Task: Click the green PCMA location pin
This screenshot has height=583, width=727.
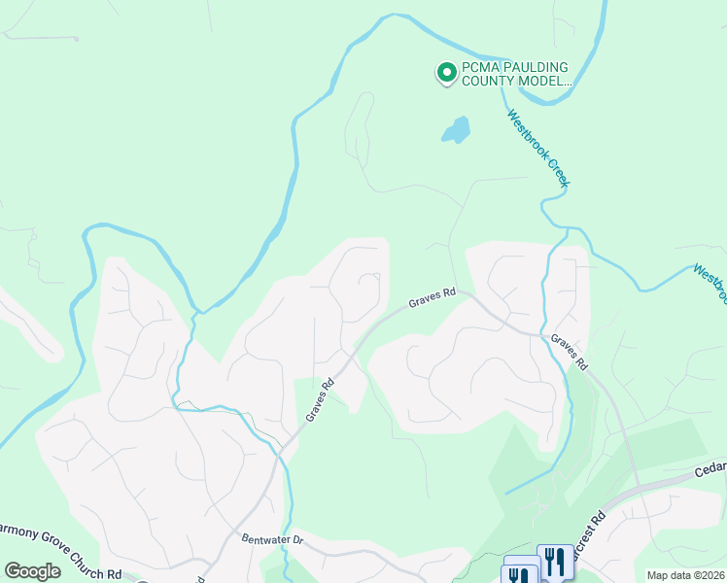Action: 446,73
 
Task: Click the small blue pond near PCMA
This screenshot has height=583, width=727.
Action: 455,129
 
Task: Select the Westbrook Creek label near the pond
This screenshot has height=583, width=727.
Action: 538,148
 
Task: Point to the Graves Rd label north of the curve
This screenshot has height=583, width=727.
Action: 432,297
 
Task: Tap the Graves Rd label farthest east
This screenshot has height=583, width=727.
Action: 570,354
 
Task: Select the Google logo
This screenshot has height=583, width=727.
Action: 33,571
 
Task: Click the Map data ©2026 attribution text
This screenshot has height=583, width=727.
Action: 686,575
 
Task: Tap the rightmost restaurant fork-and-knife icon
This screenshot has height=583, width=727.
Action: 555,561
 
